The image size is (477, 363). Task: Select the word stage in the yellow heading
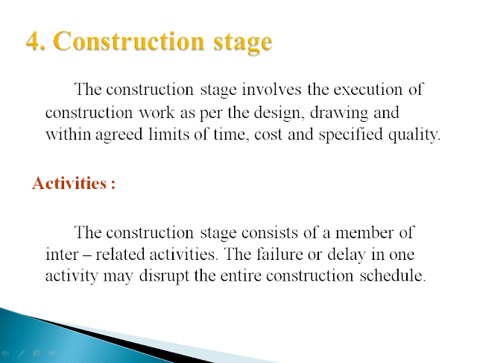(243, 43)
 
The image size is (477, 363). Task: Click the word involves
(271, 90)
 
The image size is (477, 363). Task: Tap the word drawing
(339, 113)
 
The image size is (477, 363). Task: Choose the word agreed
(119, 135)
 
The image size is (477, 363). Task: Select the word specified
(350, 135)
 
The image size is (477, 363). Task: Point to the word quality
(414, 135)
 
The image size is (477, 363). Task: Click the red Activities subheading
(74, 183)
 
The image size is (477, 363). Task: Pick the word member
(364, 232)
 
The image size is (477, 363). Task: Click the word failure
(279, 254)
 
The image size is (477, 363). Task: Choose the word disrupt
(164, 276)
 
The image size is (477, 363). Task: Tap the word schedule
(393, 276)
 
